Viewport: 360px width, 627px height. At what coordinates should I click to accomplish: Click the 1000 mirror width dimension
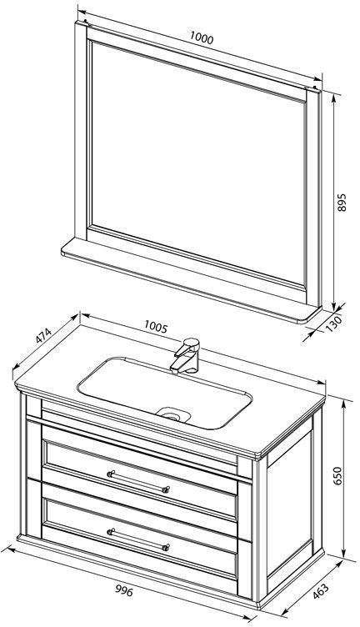coord(202,38)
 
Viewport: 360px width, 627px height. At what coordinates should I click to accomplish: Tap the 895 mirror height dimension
coord(342,203)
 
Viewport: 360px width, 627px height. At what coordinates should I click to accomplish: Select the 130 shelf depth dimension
coord(334,324)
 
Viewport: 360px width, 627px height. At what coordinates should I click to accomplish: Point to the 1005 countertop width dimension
coord(156,327)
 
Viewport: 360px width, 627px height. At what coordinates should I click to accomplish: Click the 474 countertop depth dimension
coord(43,336)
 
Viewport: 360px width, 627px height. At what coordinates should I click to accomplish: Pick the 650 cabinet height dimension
coord(338,475)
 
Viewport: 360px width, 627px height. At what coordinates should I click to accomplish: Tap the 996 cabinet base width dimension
coord(124,590)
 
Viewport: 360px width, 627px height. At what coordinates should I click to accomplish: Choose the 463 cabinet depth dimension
coord(321,591)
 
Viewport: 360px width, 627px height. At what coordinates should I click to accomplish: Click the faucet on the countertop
coord(185,356)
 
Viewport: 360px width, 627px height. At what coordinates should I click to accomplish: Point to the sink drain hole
coord(174,415)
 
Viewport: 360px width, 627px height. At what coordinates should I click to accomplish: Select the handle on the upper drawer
coord(138,481)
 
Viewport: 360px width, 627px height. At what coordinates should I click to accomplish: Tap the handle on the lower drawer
coord(138,539)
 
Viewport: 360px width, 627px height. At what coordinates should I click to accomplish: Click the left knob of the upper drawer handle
coord(111,474)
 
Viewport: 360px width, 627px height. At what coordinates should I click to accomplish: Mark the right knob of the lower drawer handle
coord(166,547)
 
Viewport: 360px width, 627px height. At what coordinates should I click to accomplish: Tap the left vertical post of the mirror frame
coord(81,132)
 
